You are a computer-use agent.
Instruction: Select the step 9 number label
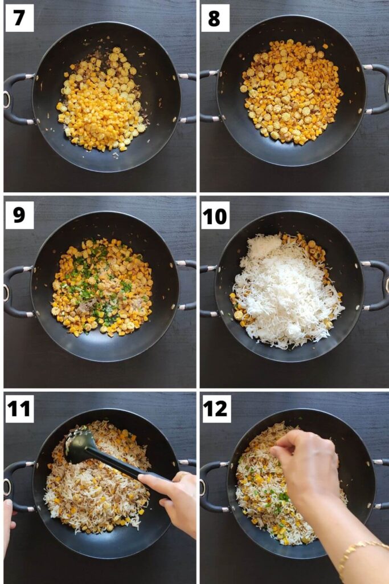coord(19,215)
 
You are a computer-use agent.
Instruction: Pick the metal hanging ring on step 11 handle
coord(7,488)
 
